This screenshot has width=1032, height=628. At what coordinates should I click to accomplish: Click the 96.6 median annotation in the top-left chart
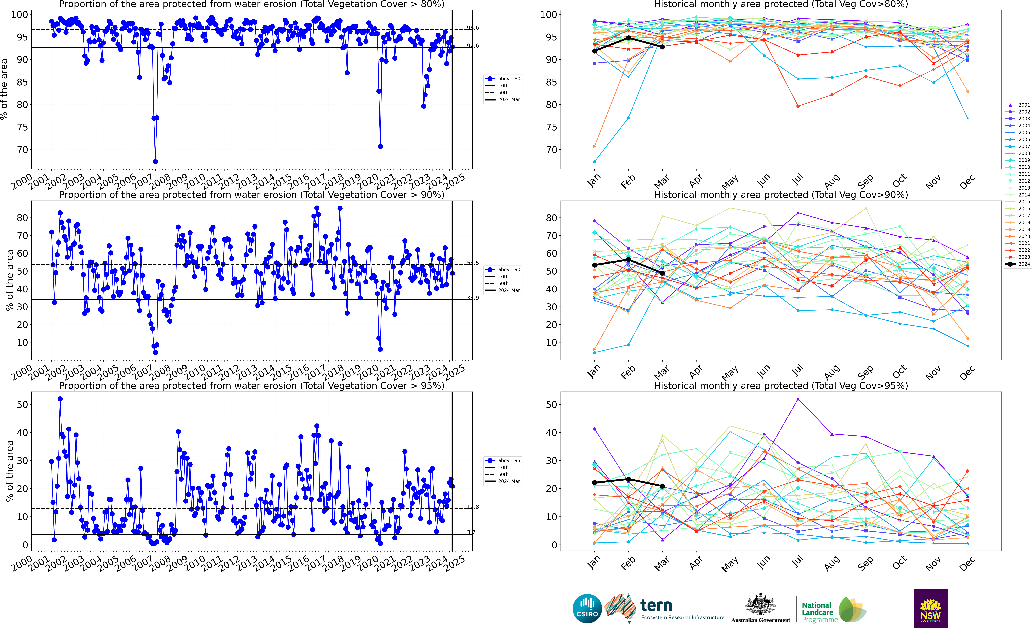click(x=473, y=28)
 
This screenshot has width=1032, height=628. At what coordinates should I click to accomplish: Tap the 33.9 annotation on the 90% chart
click(x=473, y=298)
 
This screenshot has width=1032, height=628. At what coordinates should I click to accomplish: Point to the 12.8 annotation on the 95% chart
click(x=473, y=507)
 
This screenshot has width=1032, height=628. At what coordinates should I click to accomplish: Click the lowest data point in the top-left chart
click(x=155, y=162)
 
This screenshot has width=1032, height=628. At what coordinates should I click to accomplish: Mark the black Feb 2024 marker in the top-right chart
click(x=628, y=38)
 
